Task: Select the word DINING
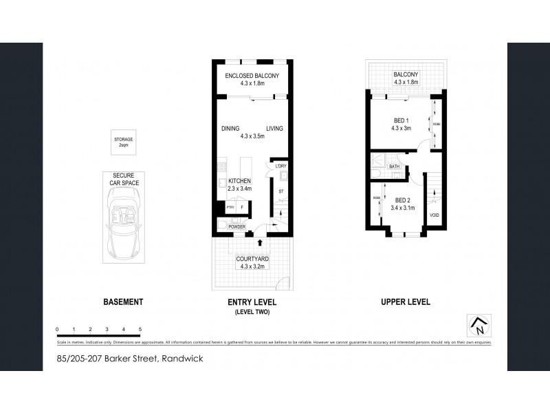click(x=230, y=129)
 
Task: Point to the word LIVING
click(x=275, y=129)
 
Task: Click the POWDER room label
click(x=238, y=226)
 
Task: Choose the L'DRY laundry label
click(x=280, y=167)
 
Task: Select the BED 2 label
click(x=402, y=200)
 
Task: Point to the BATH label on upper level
click(x=395, y=167)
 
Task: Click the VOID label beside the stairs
click(x=434, y=215)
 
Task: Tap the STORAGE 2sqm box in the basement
click(x=124, y=142)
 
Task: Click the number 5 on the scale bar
click(x=140, y=330)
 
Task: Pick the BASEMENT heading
click(x=123, y=302)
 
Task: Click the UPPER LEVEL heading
click(x=406, y=302)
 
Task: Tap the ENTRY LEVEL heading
click(x=252, y=302)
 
